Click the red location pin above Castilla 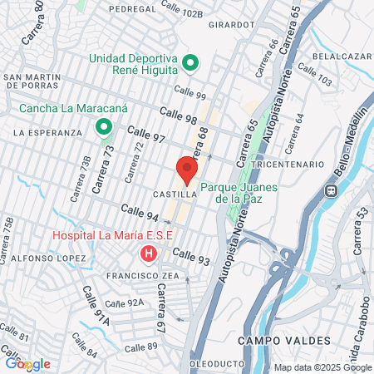point(186,170)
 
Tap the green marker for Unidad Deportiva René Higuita point(189,63)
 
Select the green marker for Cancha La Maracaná point(104,127)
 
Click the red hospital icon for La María point(148,252)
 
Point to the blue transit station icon point(330,189)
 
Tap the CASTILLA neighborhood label point(174,194)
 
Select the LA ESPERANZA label point(47,132)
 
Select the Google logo point(27,363)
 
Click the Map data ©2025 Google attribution point(322,367)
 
